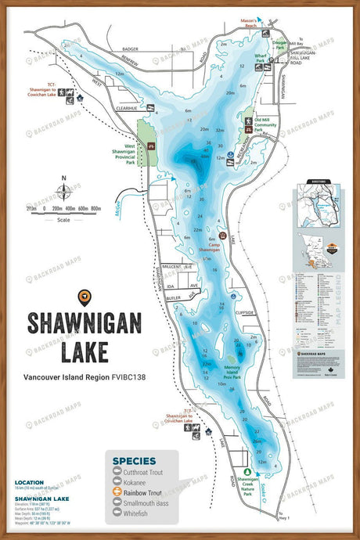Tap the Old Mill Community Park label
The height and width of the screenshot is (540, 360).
pos(268,124)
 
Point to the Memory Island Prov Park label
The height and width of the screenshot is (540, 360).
pos(236,369)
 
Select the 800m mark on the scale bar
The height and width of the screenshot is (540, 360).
pos(96,209)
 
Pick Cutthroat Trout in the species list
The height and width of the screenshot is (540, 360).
pos(148,472)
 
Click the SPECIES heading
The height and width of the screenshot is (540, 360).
pos(133,460)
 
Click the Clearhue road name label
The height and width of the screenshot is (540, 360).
pos(127,109)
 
